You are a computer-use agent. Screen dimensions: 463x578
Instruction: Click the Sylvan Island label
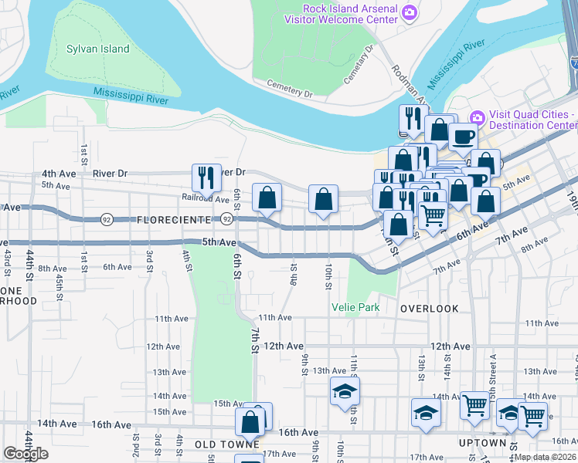(98, 49)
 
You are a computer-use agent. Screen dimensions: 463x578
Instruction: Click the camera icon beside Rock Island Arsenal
(410, 12)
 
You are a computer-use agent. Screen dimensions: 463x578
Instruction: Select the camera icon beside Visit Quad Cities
(476, 118)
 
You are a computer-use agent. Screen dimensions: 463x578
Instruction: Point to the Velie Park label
(355, 307)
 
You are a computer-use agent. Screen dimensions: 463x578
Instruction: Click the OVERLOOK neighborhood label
(430, 308)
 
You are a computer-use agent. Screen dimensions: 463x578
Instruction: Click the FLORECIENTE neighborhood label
(173, 220)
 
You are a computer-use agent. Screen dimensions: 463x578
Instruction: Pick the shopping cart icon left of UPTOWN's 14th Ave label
(474, 405)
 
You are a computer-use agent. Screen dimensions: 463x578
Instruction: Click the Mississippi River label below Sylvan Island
(131, 96)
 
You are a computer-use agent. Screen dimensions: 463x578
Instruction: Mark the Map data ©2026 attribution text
(545, 457)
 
